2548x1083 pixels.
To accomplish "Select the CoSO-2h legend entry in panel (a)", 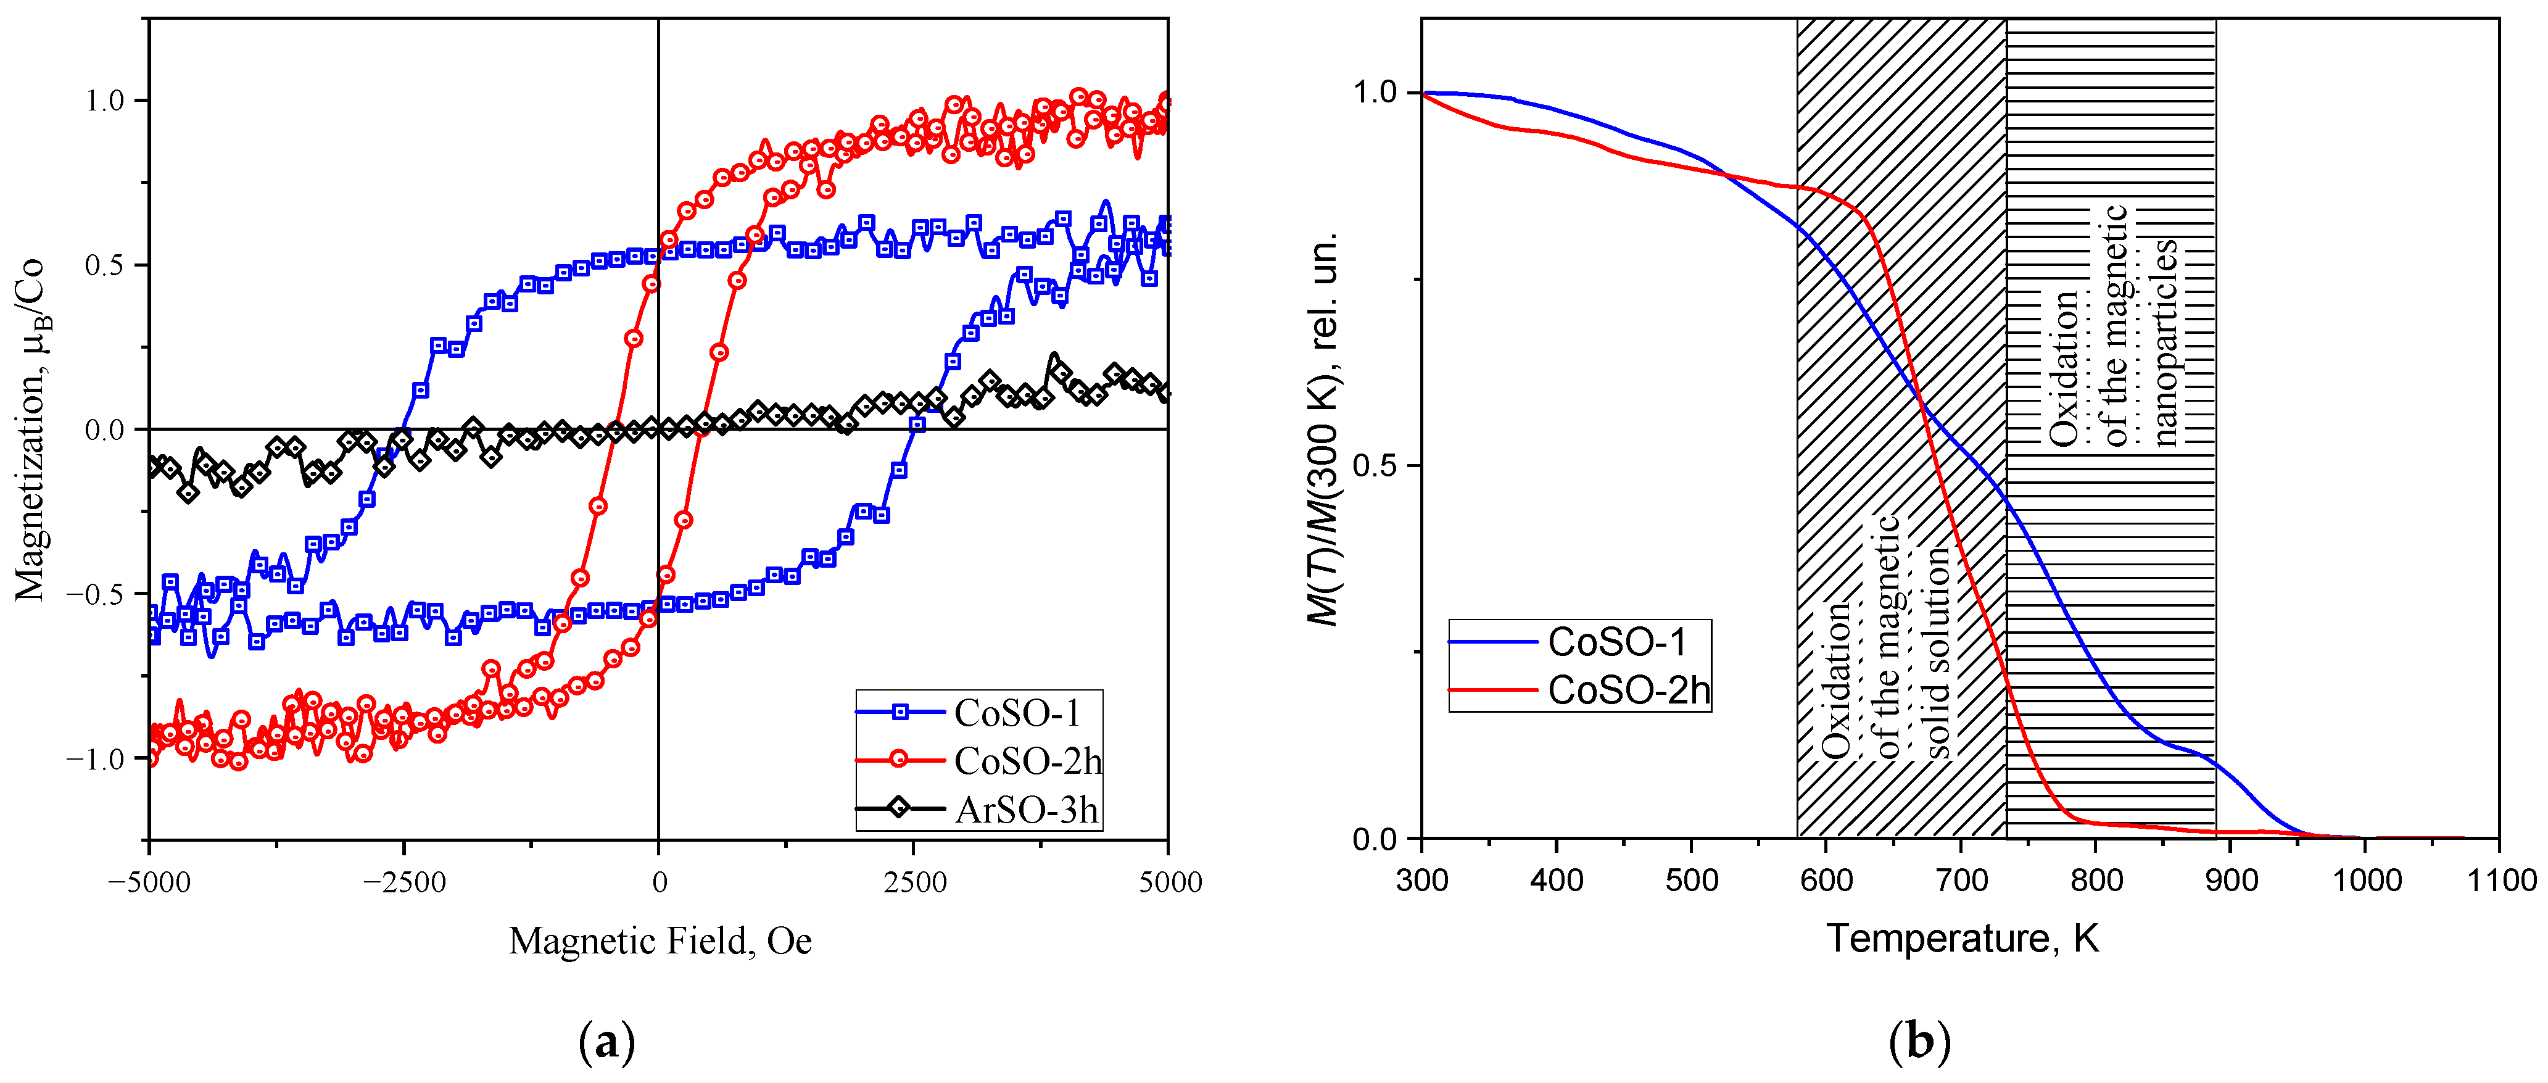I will [x=1027, y=761].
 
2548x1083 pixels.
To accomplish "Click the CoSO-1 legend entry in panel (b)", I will [x=1616, y=642].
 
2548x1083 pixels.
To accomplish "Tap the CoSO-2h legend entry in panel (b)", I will [x=1628, y=689].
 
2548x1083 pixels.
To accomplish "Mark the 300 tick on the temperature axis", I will [x=1422, y=879].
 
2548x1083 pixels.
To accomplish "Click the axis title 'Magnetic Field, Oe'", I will [x=660, y=940].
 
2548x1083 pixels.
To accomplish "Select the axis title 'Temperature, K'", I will [x=1961, y=937].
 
